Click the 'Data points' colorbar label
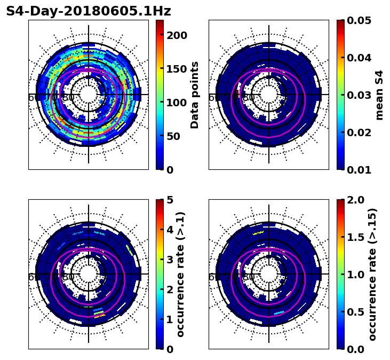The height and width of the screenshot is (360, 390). [x=195, y=95]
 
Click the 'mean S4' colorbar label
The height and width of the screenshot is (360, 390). [x=379, y=95]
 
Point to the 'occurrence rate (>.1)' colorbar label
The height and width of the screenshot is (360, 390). [x=181, y=274]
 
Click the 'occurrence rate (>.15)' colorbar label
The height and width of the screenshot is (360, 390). [x=372, y=274]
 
